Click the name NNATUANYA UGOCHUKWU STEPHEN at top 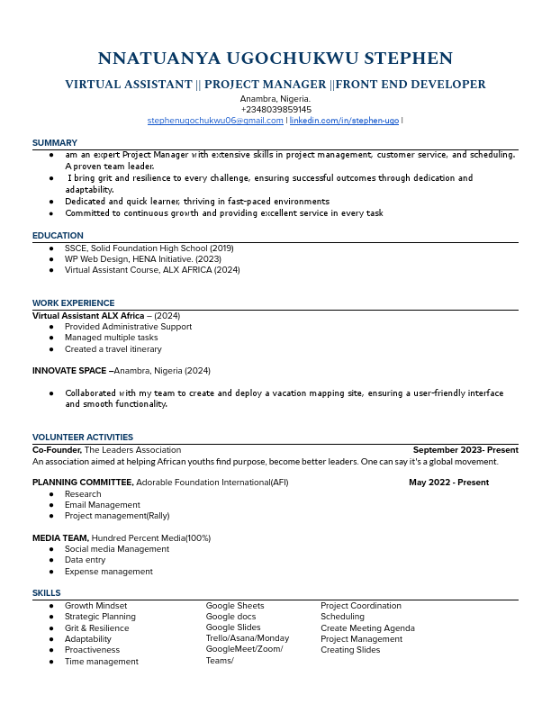click(275, 59)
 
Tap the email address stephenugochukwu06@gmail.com click(215, 121)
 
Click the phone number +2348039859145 click(275, 110)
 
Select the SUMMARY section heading click(55, 143)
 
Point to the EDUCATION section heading click(58, 236)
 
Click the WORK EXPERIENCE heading click(73, 303)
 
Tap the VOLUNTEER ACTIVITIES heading click(83, 438)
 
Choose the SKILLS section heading click(47, 593)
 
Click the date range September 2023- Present click(465, 449)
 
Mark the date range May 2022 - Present click(448, 483)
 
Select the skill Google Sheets click(235, 606)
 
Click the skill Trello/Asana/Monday click(248, 638)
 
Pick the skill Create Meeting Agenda click(367, 628)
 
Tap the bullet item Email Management click(103, 505)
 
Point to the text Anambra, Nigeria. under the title click(275, 99)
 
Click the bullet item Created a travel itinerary click(113, 349)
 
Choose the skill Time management click(102, 662)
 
